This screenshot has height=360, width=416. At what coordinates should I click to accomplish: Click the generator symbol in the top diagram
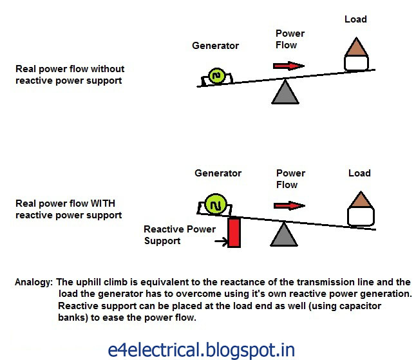click(x=215, y=77)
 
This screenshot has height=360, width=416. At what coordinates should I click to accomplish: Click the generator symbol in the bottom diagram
click(x=214, y=205)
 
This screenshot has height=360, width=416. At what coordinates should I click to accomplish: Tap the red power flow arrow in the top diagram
click(x=288, y=65)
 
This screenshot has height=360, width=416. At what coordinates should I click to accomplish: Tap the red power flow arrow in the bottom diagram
click(x=288, y=205)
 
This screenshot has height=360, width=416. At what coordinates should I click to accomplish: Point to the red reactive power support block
click(x=234, y=232)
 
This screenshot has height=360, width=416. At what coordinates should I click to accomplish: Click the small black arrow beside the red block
click(x=220, y=242)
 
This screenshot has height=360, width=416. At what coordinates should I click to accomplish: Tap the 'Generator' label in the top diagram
click(x=215, y=46)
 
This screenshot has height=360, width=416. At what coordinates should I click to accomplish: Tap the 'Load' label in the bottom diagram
click(x=359, y=173)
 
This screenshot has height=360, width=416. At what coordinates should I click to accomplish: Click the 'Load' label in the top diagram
click(x=355, y=20)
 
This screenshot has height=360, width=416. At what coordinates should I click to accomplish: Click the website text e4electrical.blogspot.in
click(x=202, y=350)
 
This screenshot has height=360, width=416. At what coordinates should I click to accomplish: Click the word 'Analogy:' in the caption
click(x=34, y=282)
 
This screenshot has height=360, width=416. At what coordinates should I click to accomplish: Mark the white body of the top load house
click(x=356, y=63)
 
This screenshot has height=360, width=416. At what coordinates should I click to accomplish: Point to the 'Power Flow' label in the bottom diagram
click(x=290, y=179)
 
